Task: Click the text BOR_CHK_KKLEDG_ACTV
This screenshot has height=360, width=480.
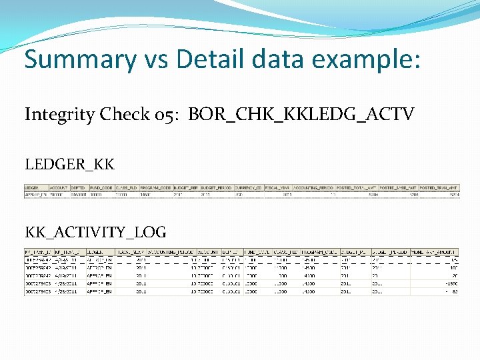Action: (x=301, y=115)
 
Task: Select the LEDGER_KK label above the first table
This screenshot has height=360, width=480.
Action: (x=69, y=164)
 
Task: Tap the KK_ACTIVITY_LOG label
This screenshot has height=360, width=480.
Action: (x=95, y=232)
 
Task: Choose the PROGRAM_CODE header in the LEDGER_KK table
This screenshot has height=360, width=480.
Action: (x=158, y=188)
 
